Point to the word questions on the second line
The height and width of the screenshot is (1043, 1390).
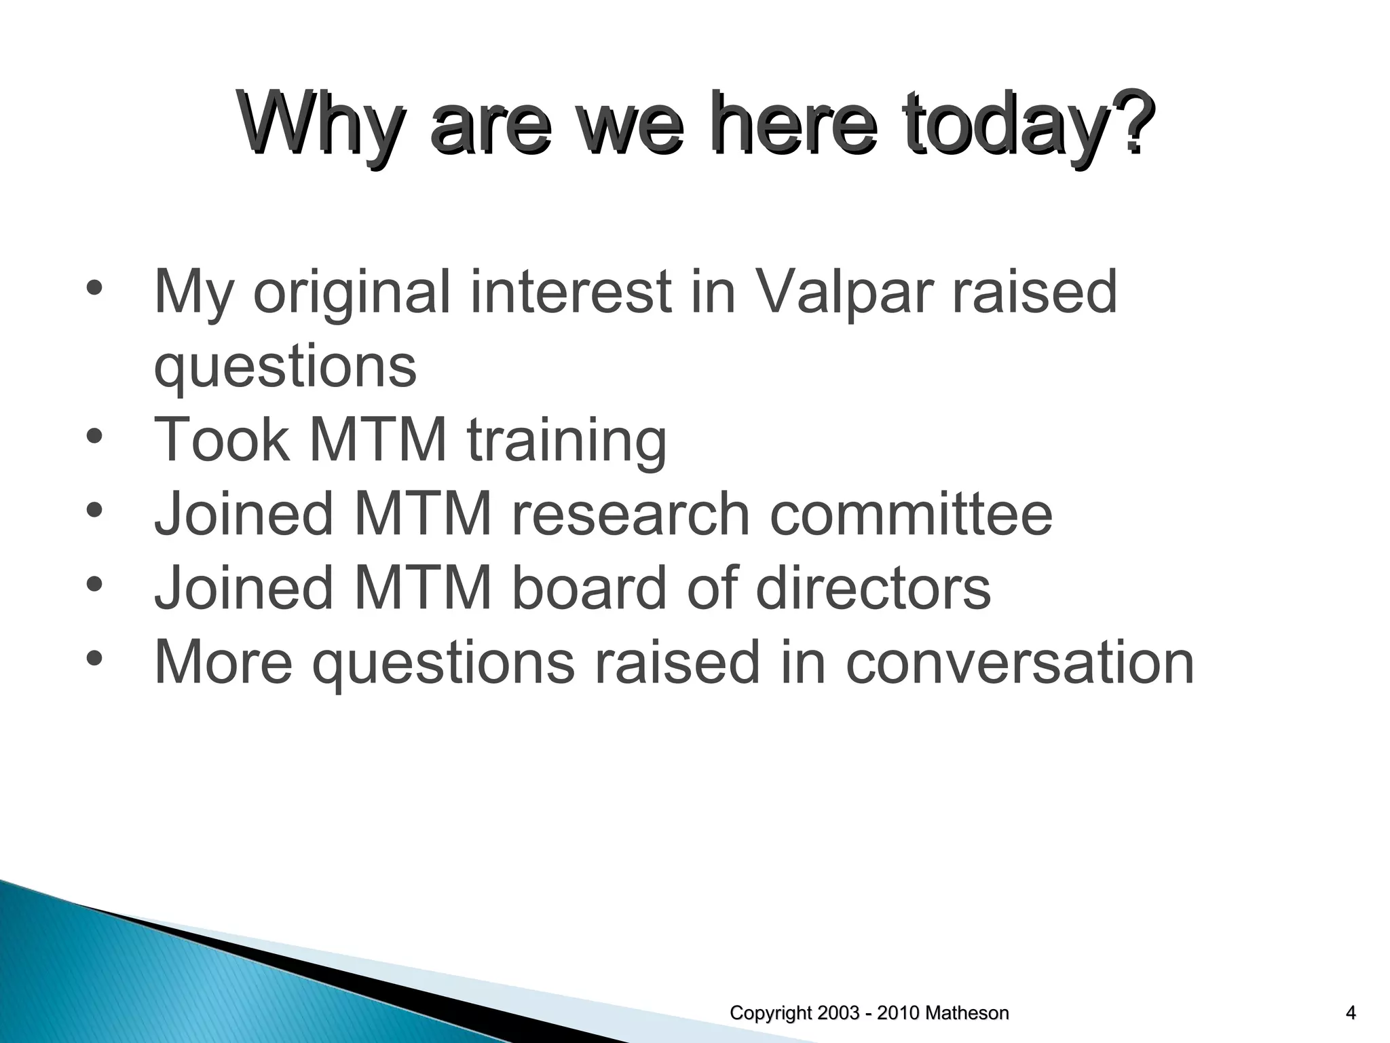pyautogui.click(x=285, y=367)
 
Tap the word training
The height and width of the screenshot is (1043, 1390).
pyautogui.click(x=567, y=440)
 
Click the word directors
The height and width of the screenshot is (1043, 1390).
pyautogui.click(x=873, y=587)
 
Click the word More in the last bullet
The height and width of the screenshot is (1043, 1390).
pyautogui.click(x=223, y=661)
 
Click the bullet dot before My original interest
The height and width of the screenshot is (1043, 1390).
pyautogui.click(x=94, y=287)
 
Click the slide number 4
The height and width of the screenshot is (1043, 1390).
pyautogui.click(x=1351, y=1013)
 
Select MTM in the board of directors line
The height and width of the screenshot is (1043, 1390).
pyautogui.click(x=422, y=587)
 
